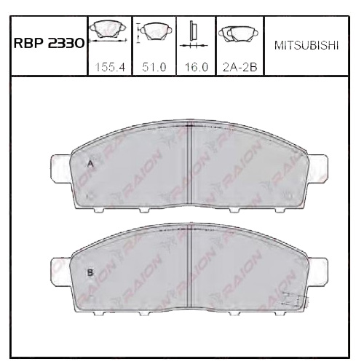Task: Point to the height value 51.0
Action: [154, 66]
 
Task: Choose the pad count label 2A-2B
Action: [240, 66]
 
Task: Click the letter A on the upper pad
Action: [90, 164]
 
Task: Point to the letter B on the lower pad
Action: [90, 272]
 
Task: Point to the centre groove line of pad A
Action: [189, 167]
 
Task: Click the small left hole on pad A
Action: [90, 196]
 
